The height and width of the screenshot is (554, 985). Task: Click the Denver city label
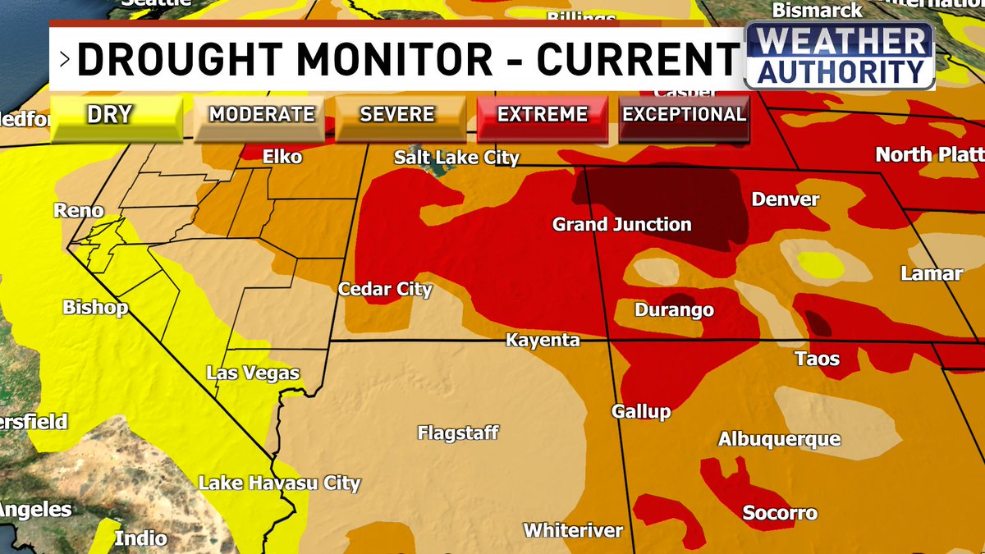pyautogui.click(x=786, y=199)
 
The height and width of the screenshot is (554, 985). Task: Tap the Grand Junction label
pyautogui.click(x=621, y=224)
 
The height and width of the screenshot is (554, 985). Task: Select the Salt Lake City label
pyautogui.click(x=456, y=157)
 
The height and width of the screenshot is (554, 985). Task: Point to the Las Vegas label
pyautogui.click(x=253, y=373)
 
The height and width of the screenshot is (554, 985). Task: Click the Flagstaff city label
pyautogui.click(x=457, y=433)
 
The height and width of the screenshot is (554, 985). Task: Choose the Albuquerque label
pyautogui.click(x=779, y=439)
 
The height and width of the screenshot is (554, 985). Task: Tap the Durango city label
pyautogui.click(x=674, y=310)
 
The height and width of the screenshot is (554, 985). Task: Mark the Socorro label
pyautogui.click(x=780, y=513)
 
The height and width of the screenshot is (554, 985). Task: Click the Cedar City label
pyautogui.click(x=385, y=289)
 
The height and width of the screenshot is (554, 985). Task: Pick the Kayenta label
pyautogui.click(x=543, y=340)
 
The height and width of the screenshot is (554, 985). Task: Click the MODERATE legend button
pyautogui.click(x=262, y=115)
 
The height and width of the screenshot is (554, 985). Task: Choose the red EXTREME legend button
pyautogui.click(x=543, y=115)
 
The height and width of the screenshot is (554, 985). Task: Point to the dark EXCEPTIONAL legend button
pyautogui.click(x=684, y=115)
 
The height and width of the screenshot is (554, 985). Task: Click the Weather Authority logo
pyautogui.click(x=839, y=56)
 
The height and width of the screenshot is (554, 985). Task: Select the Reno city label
pyautogui.click(x=79, y=210)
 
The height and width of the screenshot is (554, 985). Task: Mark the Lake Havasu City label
pyautogui.click(x=279, y=483)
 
